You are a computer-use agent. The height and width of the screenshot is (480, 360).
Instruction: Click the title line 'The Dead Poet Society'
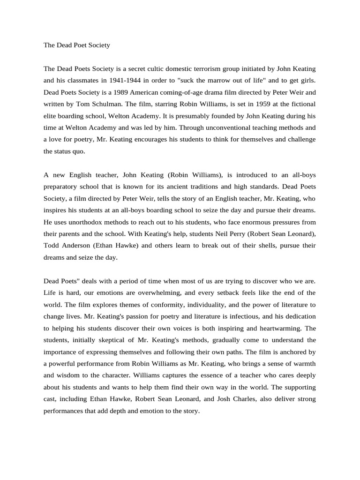[76, 45]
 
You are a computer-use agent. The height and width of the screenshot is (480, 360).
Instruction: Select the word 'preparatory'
[61, 187]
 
